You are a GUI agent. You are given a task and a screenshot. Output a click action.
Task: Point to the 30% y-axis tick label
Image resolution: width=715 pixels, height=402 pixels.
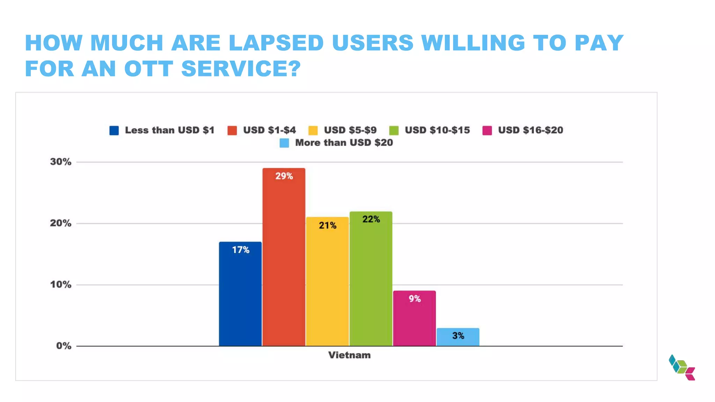click(61, 162)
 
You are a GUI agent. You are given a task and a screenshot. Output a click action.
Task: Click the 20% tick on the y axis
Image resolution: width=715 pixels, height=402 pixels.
click(61, 223)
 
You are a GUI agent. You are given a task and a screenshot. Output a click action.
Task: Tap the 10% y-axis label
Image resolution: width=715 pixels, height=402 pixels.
click(61, 284)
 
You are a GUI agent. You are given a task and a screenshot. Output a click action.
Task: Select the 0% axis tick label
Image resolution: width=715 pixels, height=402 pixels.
click(64, 346)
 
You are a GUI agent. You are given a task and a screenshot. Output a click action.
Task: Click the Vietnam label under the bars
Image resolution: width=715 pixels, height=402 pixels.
click(349, 355)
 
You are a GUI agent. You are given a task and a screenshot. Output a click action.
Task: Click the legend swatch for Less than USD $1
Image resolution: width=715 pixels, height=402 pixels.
click(114, 131)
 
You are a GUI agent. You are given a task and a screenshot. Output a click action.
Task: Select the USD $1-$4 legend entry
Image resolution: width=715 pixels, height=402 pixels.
click(269, 130)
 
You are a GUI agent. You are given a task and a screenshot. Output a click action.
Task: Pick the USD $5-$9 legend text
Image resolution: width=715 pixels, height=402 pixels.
click(350, 130)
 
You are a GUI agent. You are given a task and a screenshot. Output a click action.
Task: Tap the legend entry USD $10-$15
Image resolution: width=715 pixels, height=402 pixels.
click(437, 130)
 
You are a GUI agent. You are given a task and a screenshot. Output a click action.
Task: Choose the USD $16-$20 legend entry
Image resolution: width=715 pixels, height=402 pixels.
click(530, 130)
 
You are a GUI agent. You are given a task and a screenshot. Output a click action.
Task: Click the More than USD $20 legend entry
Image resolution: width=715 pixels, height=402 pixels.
click(344, 143)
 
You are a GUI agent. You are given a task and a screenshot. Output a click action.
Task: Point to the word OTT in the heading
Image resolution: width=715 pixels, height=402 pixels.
click(149, 68)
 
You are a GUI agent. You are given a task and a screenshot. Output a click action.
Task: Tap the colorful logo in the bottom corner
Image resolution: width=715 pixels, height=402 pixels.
click(682, 368)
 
